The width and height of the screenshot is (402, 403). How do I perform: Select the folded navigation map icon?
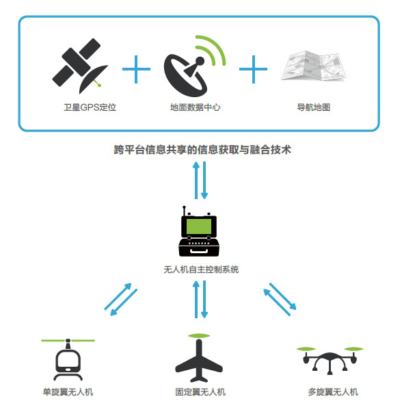[313, 66]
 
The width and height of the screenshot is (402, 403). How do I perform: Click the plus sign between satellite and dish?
[136, 69]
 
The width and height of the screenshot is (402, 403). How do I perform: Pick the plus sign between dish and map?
[253, 69]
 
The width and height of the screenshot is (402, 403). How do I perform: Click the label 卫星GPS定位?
[90, 107]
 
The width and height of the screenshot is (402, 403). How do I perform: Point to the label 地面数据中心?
[196, 107]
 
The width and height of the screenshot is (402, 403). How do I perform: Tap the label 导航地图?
[313, 107]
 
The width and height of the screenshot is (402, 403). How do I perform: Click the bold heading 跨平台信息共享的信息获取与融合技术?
[202, 150]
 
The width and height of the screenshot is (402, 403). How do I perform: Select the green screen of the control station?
[199, 226]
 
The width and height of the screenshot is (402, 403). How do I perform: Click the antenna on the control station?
[184, 211]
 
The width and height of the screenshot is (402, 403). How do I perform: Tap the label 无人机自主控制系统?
[201, 270]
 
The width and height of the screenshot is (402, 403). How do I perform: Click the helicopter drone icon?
[68, 360]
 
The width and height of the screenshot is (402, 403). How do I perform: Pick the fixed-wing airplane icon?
[199, 361]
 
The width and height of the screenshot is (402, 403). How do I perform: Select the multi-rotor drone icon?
[330, 360]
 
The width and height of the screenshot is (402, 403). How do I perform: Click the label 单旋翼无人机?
[68, 392]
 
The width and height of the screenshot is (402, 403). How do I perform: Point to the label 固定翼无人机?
[200, 392]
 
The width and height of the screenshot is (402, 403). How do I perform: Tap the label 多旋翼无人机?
[333, 392]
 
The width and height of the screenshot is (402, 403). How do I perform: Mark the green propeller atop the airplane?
[199, 336]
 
